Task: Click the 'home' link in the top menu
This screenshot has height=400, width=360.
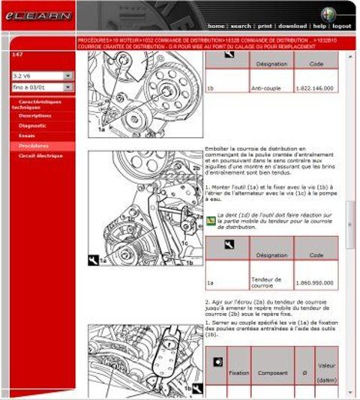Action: coord(216,25)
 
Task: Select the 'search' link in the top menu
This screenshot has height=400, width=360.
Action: coord(241,25)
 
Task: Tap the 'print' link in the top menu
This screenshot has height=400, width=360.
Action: coord(265,25)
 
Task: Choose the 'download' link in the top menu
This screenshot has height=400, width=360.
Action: coord(292,25)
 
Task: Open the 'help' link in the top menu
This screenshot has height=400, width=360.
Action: coord(319,25)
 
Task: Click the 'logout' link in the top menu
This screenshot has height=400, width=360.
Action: coord(342,25)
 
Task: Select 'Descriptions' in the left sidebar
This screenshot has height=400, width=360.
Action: coord(35,116)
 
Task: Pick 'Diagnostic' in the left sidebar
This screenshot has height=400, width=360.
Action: coord(33,126)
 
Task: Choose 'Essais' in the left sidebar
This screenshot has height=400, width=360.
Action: coord(27,136)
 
